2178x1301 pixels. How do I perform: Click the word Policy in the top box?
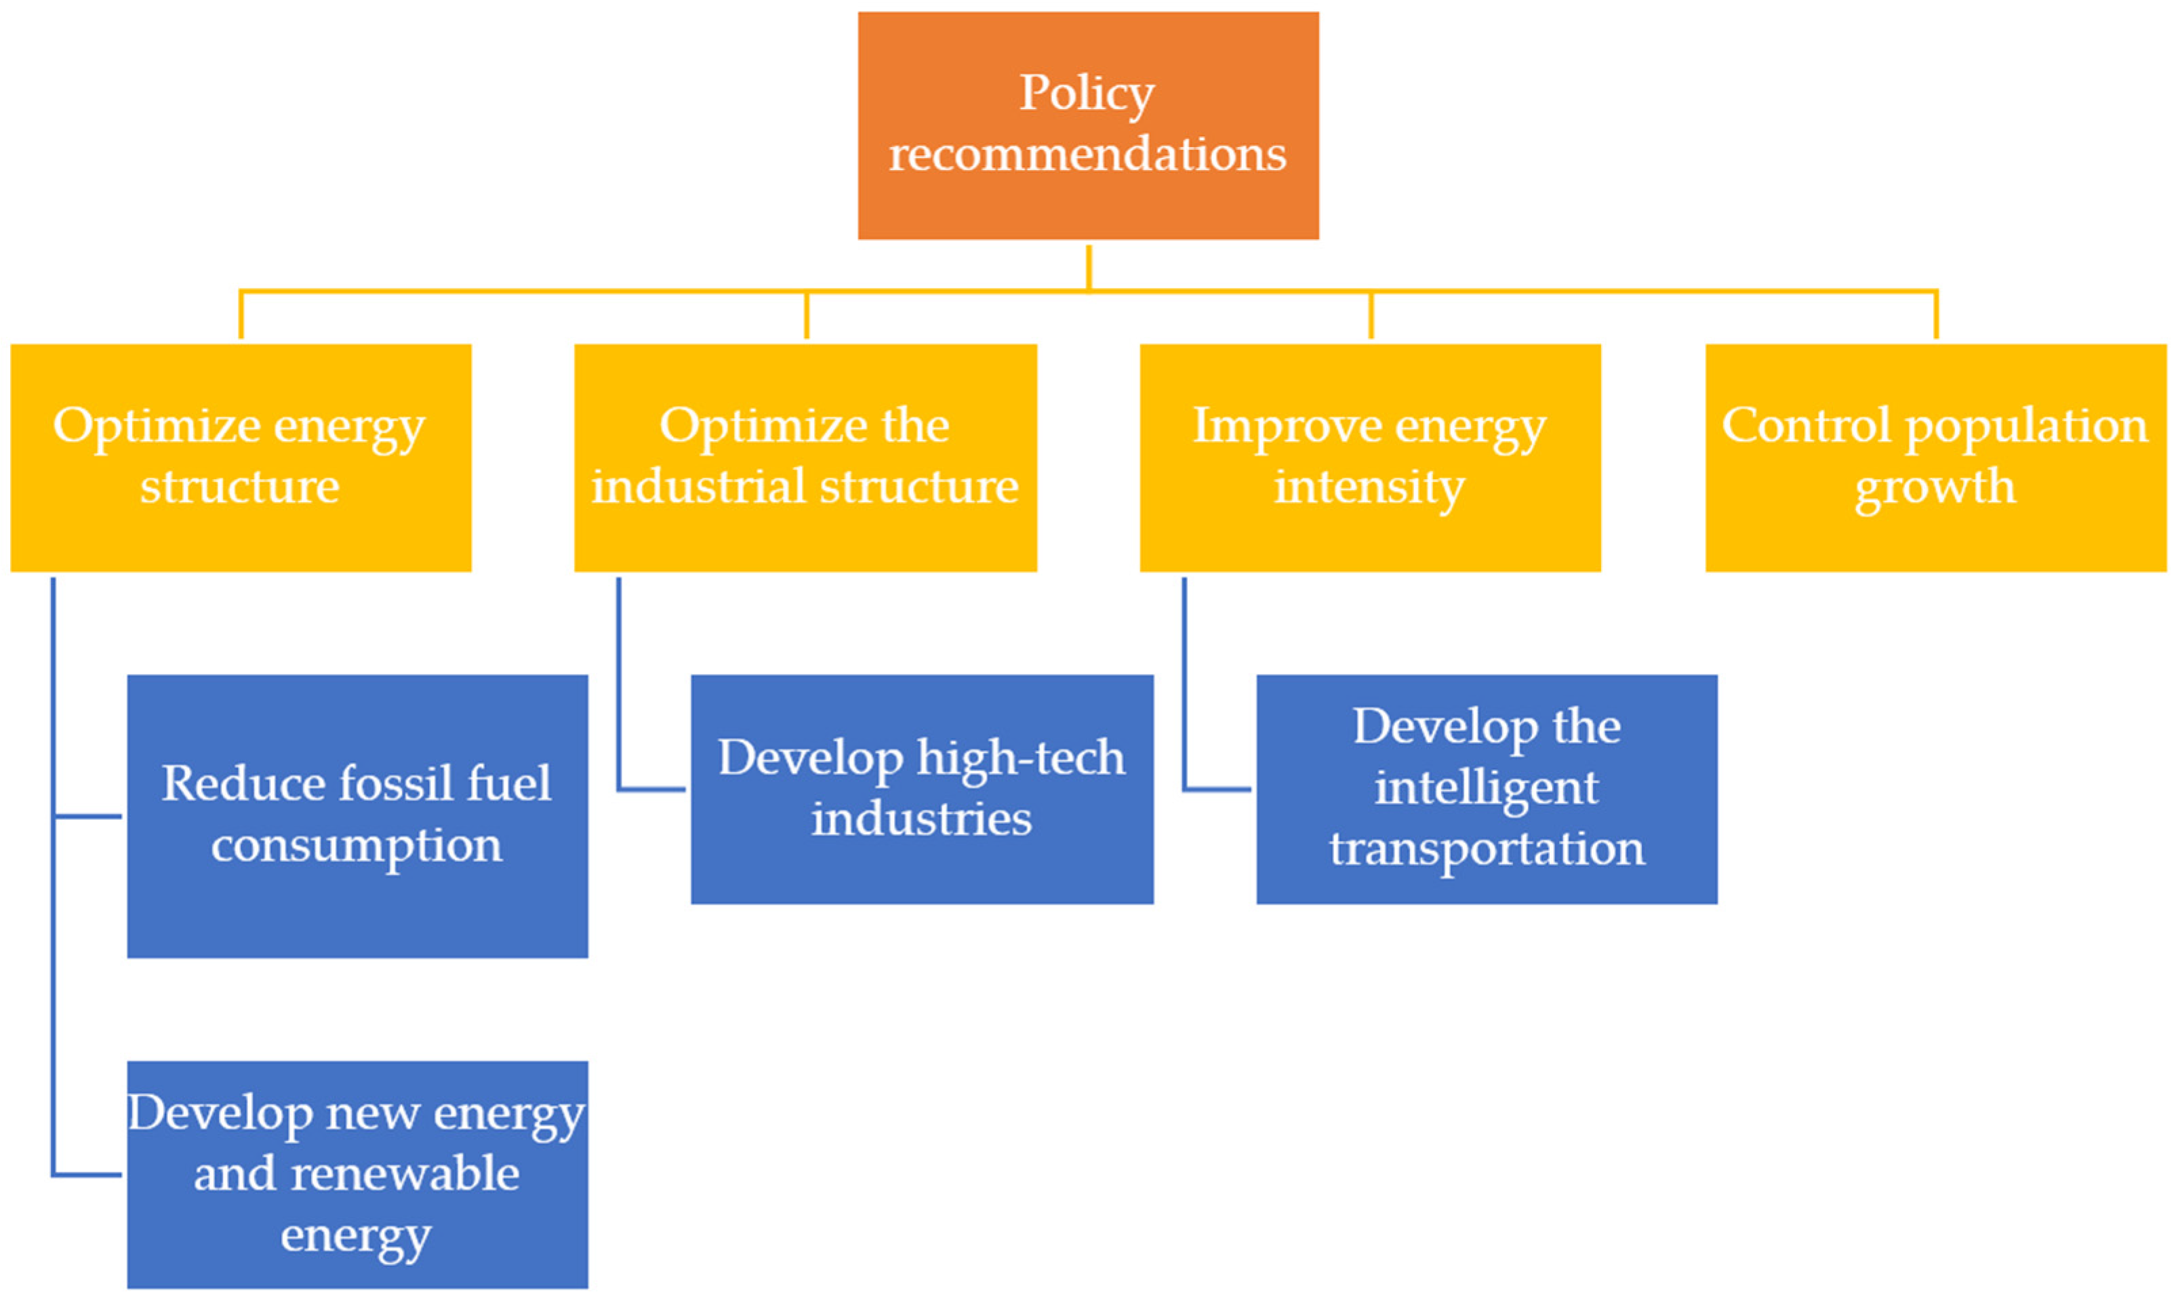pos(1087,93)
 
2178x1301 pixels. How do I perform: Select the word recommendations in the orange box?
pos(1087,154)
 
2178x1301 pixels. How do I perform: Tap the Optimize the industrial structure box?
pos(805,457)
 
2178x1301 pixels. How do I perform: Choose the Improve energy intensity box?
pos(1369,457)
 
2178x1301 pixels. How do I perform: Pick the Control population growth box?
pos(1935,457)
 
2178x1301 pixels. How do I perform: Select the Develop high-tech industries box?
pos(921,789)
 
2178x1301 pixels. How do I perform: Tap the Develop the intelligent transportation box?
pos(1486,789)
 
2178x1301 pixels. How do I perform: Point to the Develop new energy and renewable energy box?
pos(357,1175)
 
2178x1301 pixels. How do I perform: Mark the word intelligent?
pos(1486,787)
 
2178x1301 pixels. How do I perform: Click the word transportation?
pos(1486,848)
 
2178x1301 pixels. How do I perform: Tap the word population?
pos(2026,427)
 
